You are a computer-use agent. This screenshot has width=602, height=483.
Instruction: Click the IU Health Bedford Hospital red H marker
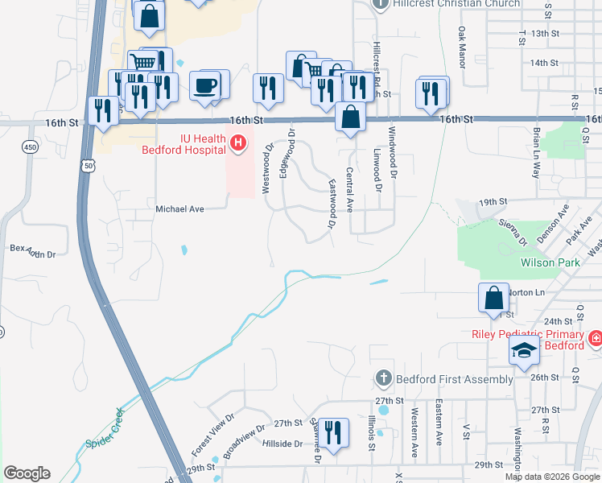point(238,144)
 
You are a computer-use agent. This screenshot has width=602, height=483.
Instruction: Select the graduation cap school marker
point(523,352)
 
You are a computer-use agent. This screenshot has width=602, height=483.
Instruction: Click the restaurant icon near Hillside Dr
point(331,433)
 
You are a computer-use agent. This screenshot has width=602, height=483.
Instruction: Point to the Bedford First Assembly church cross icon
point(383,378)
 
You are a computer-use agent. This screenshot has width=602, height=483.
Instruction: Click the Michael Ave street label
point(180,208)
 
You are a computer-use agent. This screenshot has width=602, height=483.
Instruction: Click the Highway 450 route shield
point(30,147)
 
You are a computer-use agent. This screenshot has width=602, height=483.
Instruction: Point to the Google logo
point(27,473)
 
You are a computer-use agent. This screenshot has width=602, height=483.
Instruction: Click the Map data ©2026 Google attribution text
point(551,477)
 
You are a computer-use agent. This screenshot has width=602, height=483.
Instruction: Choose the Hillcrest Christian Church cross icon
point(383,4)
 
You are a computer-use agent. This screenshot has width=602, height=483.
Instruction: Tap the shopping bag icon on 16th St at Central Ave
point(350,117)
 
